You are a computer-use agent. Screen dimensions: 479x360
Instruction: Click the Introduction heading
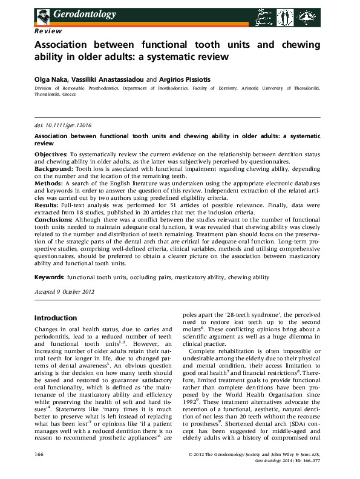56,318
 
